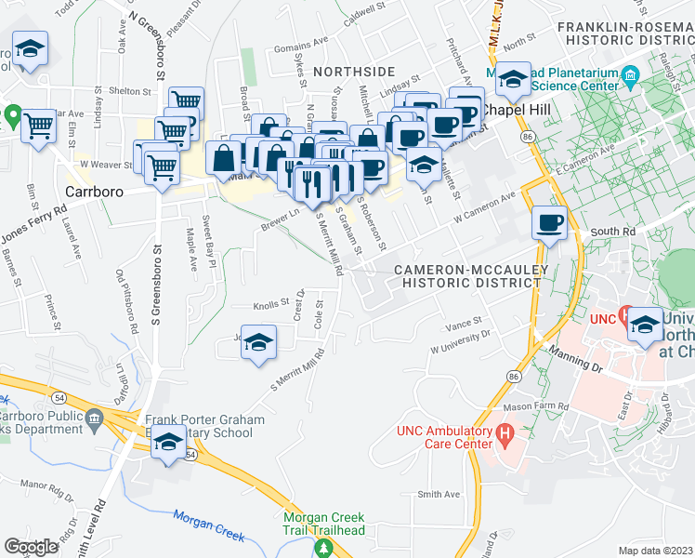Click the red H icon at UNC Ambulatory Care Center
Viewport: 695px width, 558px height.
tap(505, 432)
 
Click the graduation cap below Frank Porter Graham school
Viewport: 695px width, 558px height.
tap(168, 444)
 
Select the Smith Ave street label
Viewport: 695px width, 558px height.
tap(439, 495)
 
